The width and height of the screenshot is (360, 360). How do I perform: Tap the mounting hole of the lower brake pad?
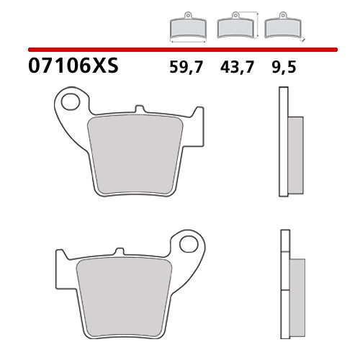pyautogui.click(x=191, y=246)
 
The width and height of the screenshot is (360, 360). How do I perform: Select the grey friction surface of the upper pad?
pyautogui.click(x=131, y=155)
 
